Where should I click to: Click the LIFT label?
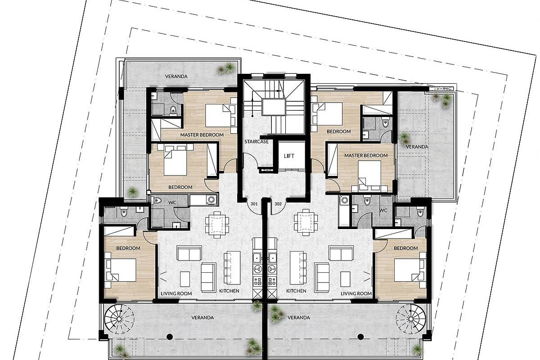tap(289, 156)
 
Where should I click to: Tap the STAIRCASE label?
tap(256, 142)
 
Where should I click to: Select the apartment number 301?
tap(254, 204)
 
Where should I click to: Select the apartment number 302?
tap(278, 204)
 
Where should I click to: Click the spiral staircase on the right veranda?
tap(411, 319)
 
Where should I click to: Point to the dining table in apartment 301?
tap(217, 225)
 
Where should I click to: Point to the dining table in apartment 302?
tap(306, 222)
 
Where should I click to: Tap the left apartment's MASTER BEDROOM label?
tap(202, 135)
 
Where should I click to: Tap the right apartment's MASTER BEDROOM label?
tap(366, 156)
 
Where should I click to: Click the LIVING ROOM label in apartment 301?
tap(176, 294)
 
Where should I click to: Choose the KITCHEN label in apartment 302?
tap(296, 291)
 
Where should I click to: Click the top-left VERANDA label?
tap(176, 76)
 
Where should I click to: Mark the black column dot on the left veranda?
tap(170, 337)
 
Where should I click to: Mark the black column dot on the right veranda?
tap(360, 337)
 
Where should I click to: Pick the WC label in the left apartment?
tap(172, 202)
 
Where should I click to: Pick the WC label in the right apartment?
tap(383, 210)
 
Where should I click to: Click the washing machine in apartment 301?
tap(211, 200)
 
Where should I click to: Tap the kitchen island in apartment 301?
tap(232, 268)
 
